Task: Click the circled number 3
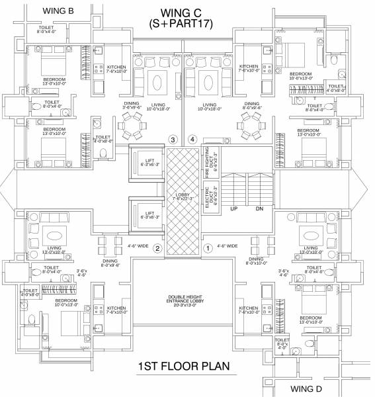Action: pos(173,140)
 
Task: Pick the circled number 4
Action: pos(192,140)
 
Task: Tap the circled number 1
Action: pos(207,249)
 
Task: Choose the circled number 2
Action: pos(157,249)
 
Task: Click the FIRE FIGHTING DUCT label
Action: pos(208,159)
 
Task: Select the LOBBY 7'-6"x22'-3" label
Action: pos(182,197)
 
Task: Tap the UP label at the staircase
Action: pos(233,208)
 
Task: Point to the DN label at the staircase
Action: pos(259,208)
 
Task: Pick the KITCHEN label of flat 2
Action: pos(116,310)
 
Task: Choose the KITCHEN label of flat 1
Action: pos(249,310)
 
